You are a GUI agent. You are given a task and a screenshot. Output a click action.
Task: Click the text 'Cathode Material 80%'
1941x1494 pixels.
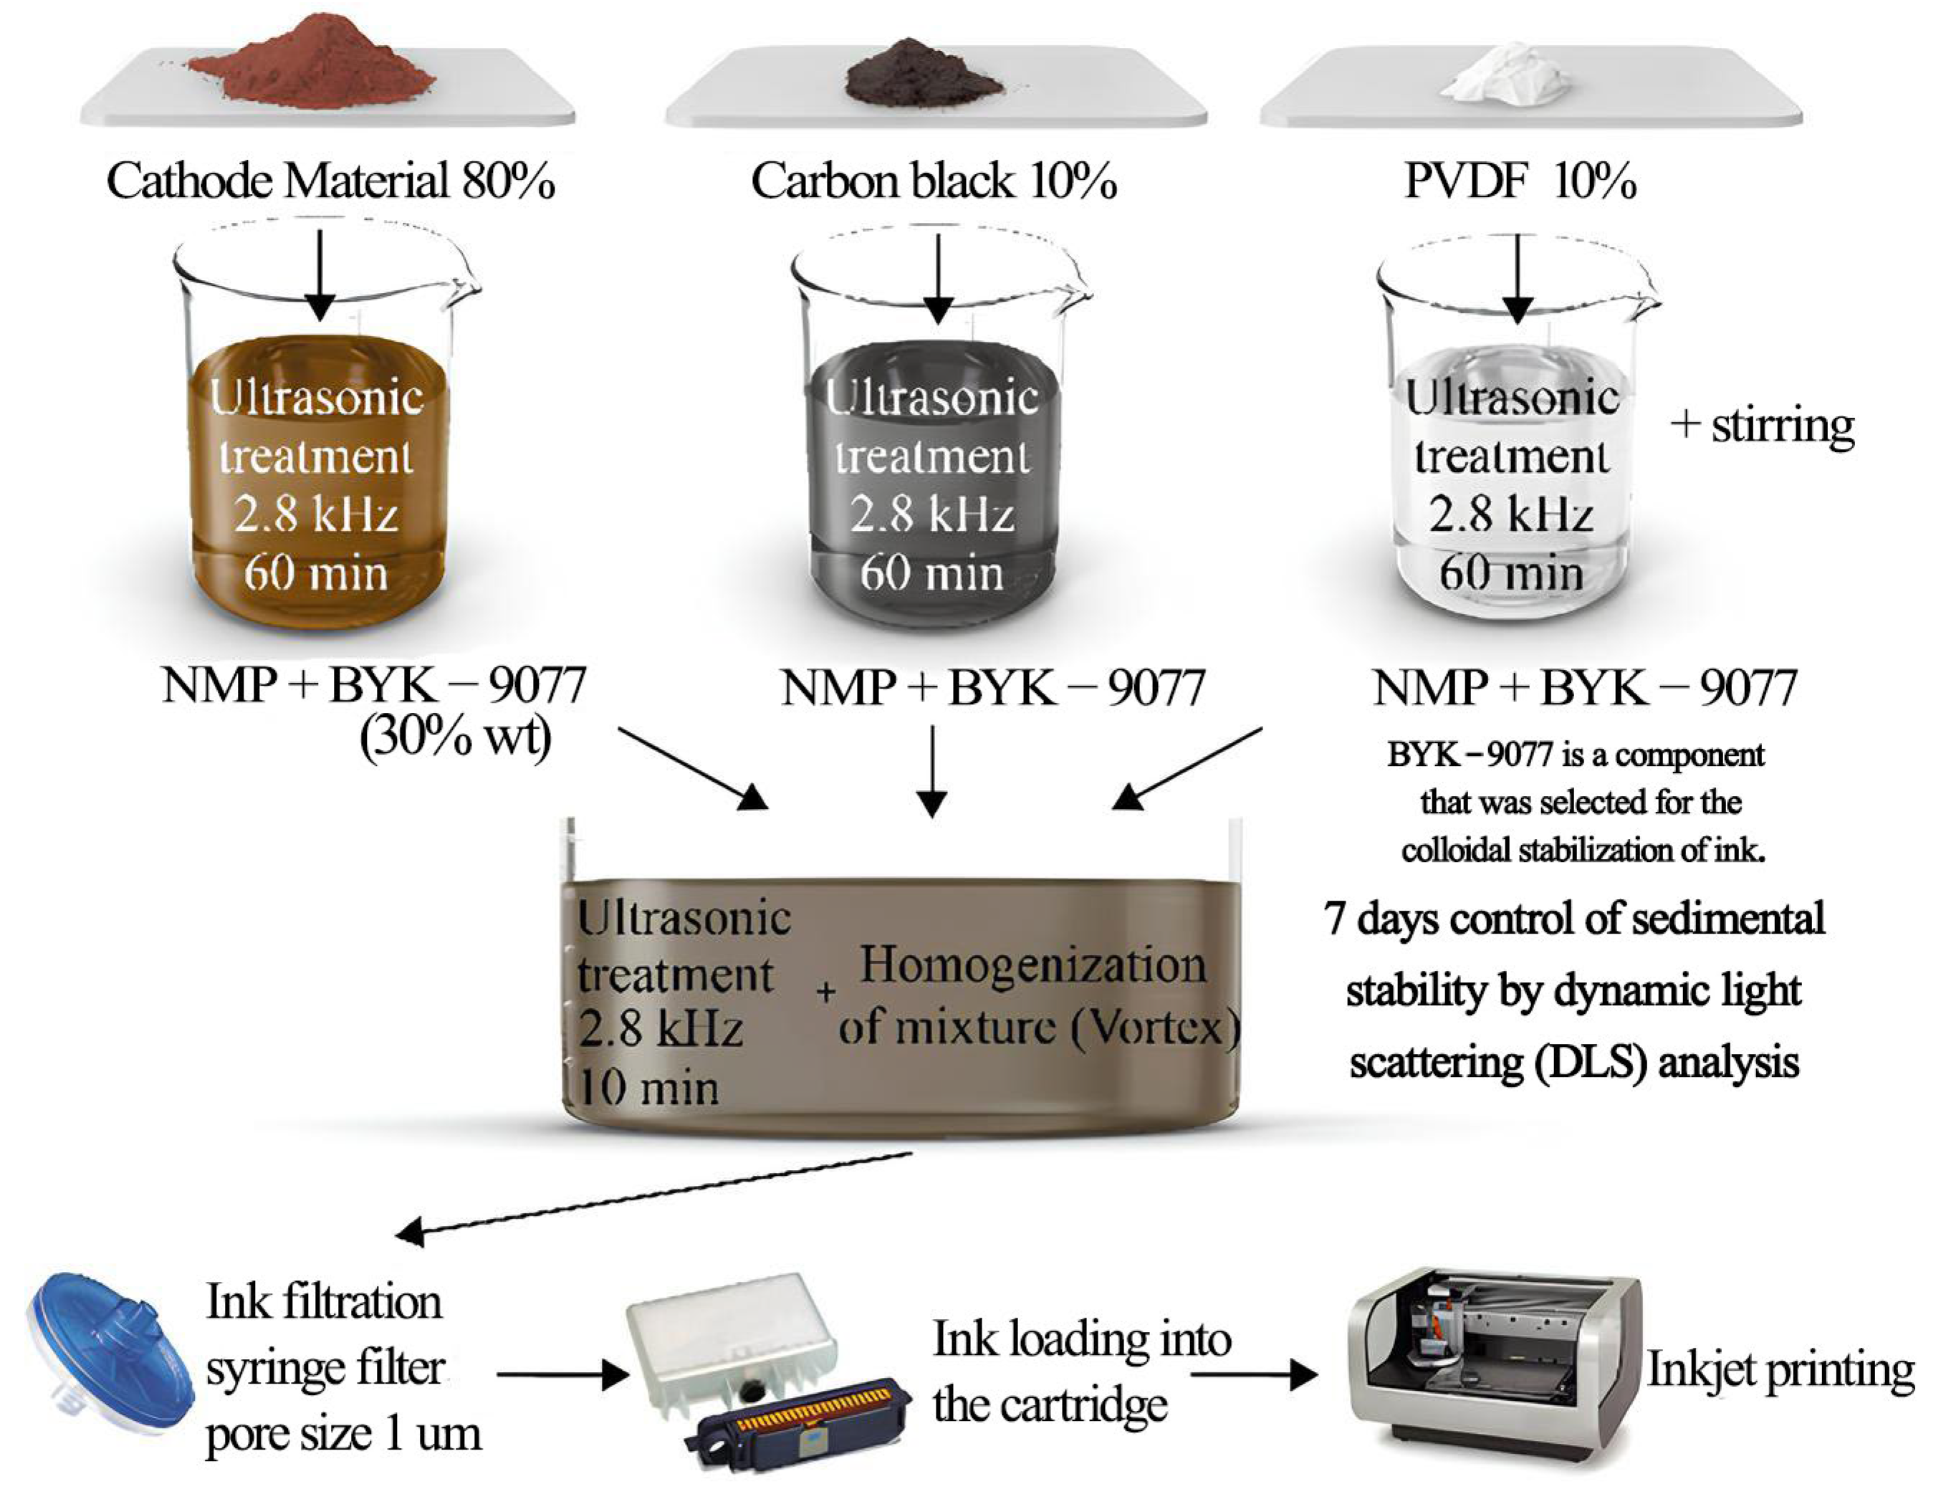(x=330, y=181)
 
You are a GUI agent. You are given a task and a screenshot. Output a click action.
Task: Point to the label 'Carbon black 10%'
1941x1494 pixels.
(x=933, y=181)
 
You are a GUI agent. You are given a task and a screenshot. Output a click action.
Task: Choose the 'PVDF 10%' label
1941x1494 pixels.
(x=1520, y=181)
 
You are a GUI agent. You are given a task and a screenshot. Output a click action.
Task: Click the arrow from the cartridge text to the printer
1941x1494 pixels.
(x=1253, y=1375)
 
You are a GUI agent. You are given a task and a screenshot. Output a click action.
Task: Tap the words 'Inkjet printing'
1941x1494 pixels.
(x=1780, y=1371)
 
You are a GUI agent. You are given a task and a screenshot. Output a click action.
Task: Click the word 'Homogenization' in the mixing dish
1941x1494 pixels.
(x=1032, y=966)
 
